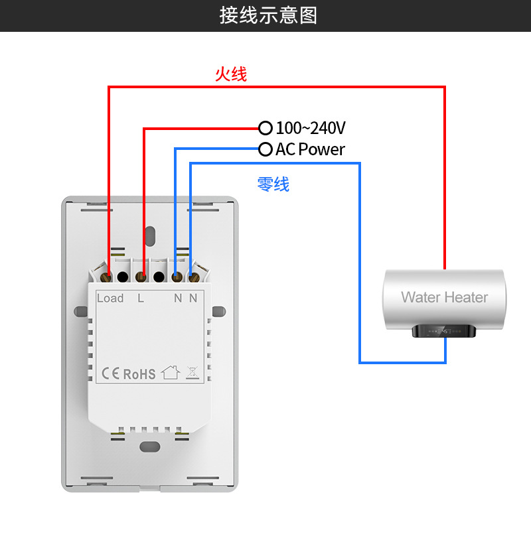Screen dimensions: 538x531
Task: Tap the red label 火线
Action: click(x=230, y=74)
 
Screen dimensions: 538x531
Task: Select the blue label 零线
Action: click(x=273, y=184)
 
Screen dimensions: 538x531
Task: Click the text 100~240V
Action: click(x=310, y=127)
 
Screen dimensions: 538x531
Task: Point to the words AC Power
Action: click(x=310, y=149)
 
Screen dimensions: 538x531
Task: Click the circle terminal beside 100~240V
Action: click(x=265, y=127)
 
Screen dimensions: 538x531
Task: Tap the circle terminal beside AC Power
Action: click(x=265, y=149)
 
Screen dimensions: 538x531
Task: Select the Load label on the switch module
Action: click(x=110, y=299)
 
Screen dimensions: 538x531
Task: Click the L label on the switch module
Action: click(x=141, y=299)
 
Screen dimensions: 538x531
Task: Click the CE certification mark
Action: click(x=111, y=373)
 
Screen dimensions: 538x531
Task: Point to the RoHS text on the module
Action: click(x=139, y=373)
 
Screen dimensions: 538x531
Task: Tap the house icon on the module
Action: click(x=171, y=372)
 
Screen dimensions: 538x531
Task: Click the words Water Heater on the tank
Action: click(x=444, y=297)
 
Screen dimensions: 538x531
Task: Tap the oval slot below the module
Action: click(x=150, y=446)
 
